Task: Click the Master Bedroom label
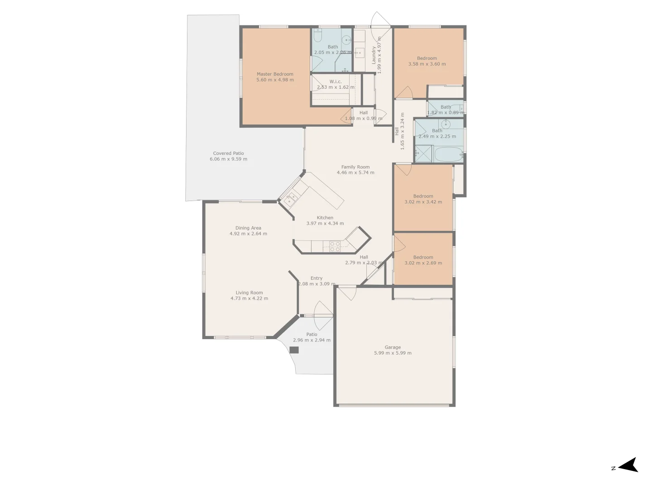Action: click(275, 74)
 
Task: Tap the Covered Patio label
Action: click(228, 153)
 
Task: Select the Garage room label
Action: click(393, 347)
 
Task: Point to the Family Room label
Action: click(355, 167)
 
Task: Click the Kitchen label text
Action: click(325, 218)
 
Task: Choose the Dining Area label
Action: click(248, 228)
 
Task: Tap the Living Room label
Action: click(249, 292)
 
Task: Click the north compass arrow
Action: click(628, 465)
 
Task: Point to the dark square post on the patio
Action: click(294, 350)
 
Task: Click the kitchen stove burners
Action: click(335, 246)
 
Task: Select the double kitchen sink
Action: click(291, 197)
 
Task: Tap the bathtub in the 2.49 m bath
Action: click(448, 154)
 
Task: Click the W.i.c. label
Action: click(336, 81)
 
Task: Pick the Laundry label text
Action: click(374, 55)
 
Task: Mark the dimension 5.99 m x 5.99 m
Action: click(393, 353)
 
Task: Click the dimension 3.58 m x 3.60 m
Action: click(427, 64)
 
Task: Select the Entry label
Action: click(316, 278)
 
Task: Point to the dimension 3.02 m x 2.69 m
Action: click(423, 263)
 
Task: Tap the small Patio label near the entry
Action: click(312, 335)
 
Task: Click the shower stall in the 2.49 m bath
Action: click(423, 153)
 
